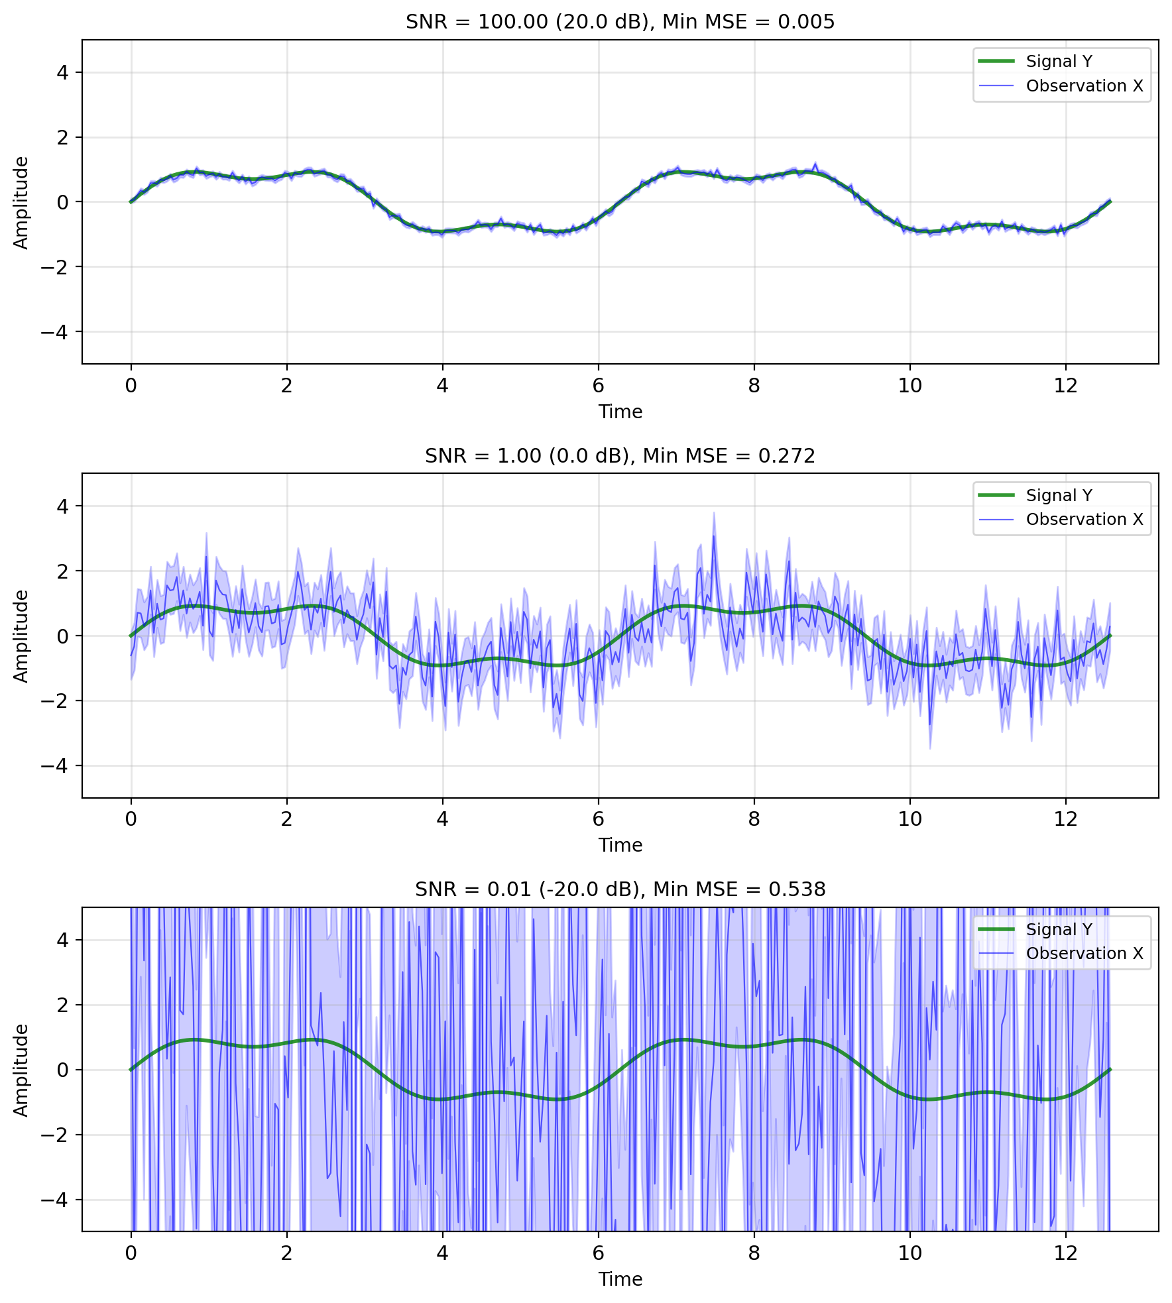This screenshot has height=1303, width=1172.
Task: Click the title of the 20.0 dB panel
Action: point(620,22)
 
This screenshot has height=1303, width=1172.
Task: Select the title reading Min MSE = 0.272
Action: point(620,456)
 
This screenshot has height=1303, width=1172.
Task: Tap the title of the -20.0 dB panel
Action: point(620,889)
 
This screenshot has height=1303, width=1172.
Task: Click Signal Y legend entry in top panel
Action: point(1059,62)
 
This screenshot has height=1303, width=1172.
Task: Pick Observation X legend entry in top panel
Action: point(1084,86)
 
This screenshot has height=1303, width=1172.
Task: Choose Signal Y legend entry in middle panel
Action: point(1059,495)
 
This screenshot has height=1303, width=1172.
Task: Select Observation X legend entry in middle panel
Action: point(1084,520)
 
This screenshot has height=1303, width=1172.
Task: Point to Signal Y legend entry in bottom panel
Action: point(1059,929)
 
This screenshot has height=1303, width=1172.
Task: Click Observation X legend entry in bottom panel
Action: point(1084,954)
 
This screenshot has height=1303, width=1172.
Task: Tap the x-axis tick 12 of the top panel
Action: point(1065,386)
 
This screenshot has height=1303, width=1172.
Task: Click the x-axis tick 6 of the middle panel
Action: point(598,819)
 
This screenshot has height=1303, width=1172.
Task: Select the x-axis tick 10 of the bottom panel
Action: point(909,1253)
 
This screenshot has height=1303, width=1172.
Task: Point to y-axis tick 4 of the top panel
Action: point(62,72)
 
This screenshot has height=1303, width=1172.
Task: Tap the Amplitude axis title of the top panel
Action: point(21,202)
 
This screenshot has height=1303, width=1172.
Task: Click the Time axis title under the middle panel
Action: point(620,845)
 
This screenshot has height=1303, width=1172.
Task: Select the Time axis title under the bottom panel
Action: point(620,1279)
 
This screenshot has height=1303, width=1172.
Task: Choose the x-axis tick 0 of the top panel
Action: point(131,386)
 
